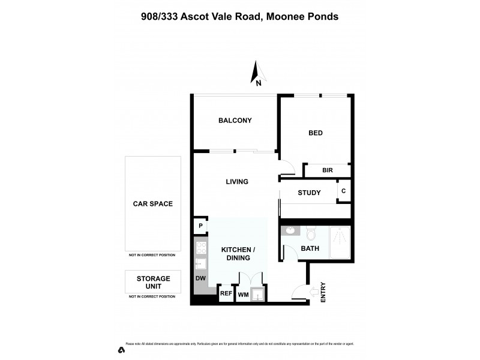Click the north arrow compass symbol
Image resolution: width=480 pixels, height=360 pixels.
[256, 73]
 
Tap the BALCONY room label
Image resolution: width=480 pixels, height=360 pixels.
[235, 121]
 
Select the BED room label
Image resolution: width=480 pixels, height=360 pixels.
[315, 133]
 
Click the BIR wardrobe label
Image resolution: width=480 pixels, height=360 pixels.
[327, 171]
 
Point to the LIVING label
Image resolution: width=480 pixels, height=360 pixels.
[237, 181]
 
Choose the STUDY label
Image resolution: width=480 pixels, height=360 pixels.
[309, 193]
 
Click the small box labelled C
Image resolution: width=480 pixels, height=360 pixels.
[343, 191]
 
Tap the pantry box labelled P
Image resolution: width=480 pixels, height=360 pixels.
[199, 226]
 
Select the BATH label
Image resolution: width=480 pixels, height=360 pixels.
[309, 248]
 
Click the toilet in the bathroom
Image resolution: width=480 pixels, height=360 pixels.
[311, 232]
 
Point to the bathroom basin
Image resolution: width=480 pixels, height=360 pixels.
[290, 230]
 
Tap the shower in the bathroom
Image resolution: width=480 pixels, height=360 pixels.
[339, 243]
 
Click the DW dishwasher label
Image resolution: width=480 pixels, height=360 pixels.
[200, 279]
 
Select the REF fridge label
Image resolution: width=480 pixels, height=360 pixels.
[226, 293]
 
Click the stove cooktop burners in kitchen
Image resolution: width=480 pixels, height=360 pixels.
[200, 247]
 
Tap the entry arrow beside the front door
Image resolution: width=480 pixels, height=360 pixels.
[313, 293]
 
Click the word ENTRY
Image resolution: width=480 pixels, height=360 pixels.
[323, 292]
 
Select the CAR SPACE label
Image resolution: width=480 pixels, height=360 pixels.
[152, 204]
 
